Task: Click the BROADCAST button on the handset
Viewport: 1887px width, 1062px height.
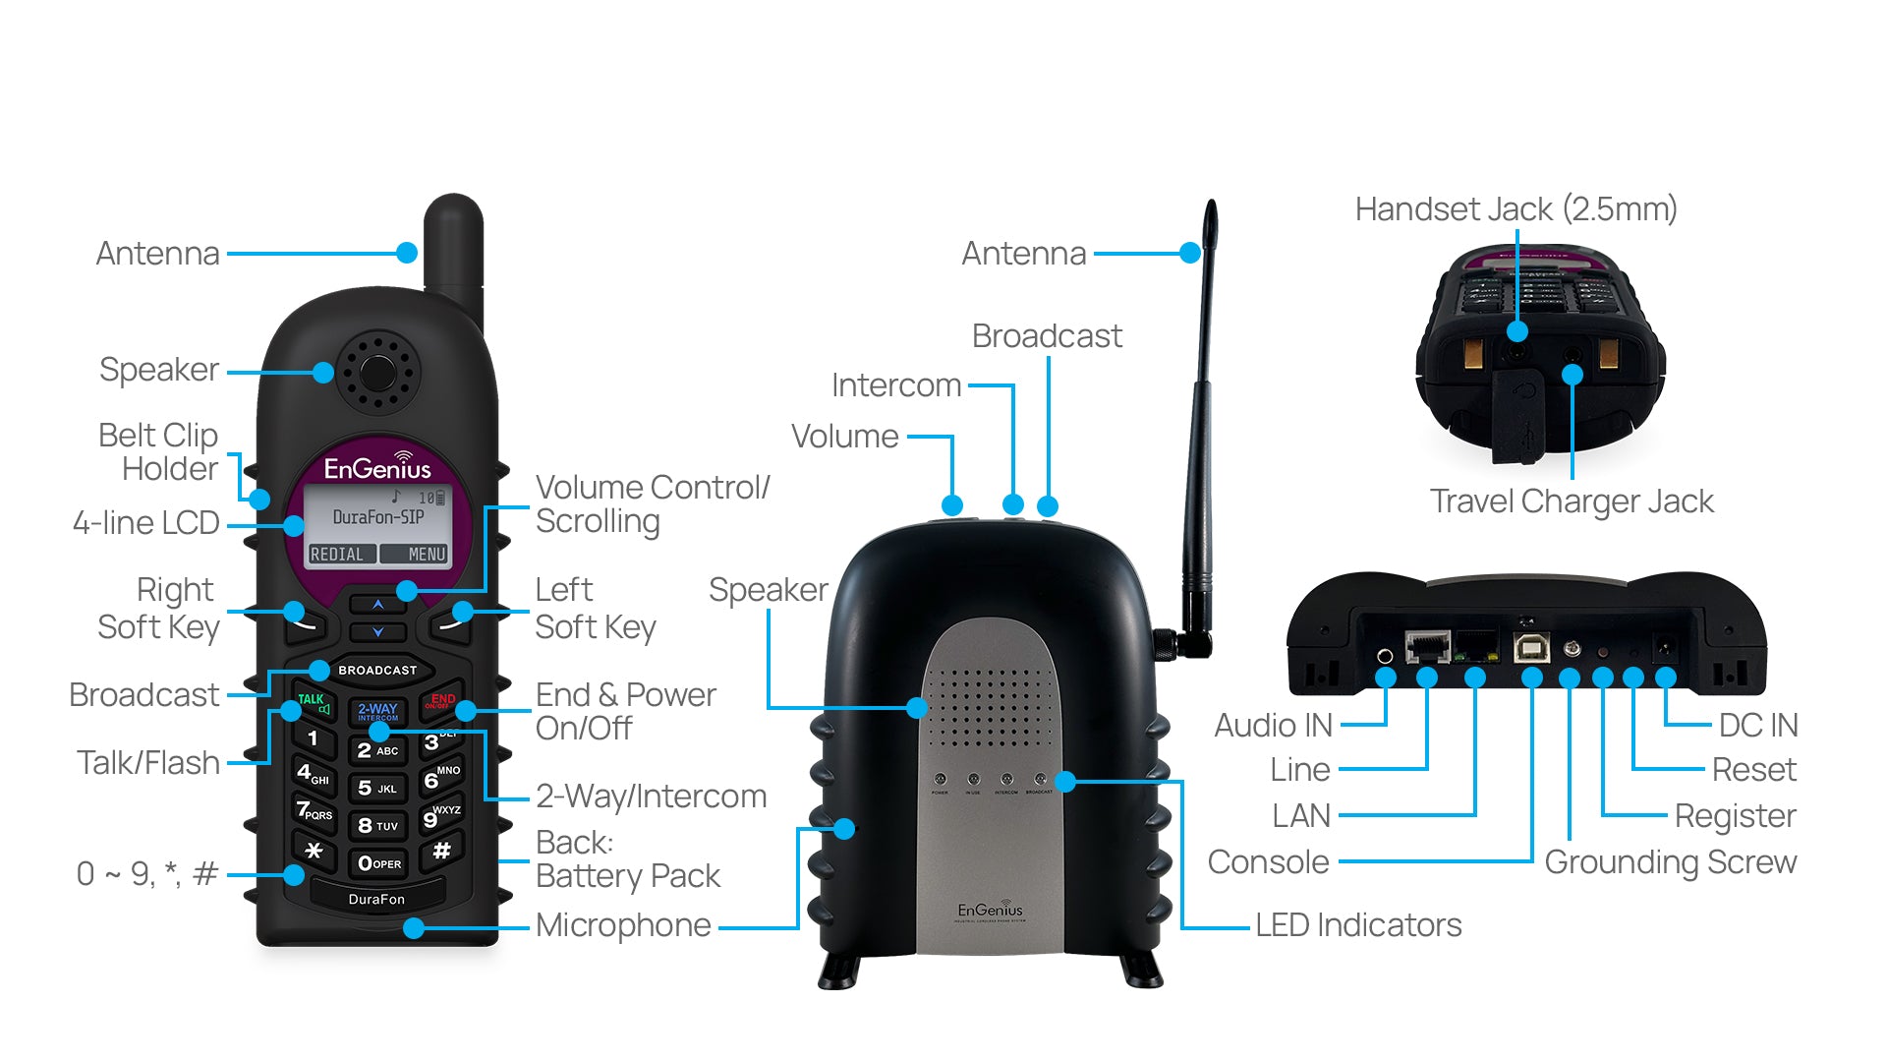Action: point(377,671)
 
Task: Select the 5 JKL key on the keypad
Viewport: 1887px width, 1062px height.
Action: point(377,788)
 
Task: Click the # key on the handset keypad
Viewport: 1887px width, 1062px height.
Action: point(442,851)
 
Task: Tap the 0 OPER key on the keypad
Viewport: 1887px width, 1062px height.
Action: point(379,863)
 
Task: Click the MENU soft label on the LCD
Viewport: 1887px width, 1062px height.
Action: point(427,555)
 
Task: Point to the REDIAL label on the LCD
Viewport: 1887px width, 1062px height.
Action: point(337,555)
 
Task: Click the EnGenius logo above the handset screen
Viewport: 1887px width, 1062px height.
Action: point(377,467)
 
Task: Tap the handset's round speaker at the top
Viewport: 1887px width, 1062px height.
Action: point(377,372)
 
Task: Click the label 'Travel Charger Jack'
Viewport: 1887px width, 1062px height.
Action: point(1572,501)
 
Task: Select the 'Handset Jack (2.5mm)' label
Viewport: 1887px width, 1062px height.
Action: point(1515,209)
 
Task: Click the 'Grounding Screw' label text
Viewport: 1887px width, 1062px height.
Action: point(1670,862)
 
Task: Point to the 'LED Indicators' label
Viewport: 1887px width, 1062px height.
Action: point(1358,925)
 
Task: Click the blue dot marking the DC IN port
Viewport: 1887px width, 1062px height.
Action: point(1665,678)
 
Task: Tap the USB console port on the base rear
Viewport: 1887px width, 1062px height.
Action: point(1532,646)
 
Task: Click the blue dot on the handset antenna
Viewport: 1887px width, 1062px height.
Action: point(407,253)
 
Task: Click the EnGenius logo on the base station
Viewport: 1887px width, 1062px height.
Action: point(990,912)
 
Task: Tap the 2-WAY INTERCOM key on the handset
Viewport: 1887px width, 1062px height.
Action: point(377,711)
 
